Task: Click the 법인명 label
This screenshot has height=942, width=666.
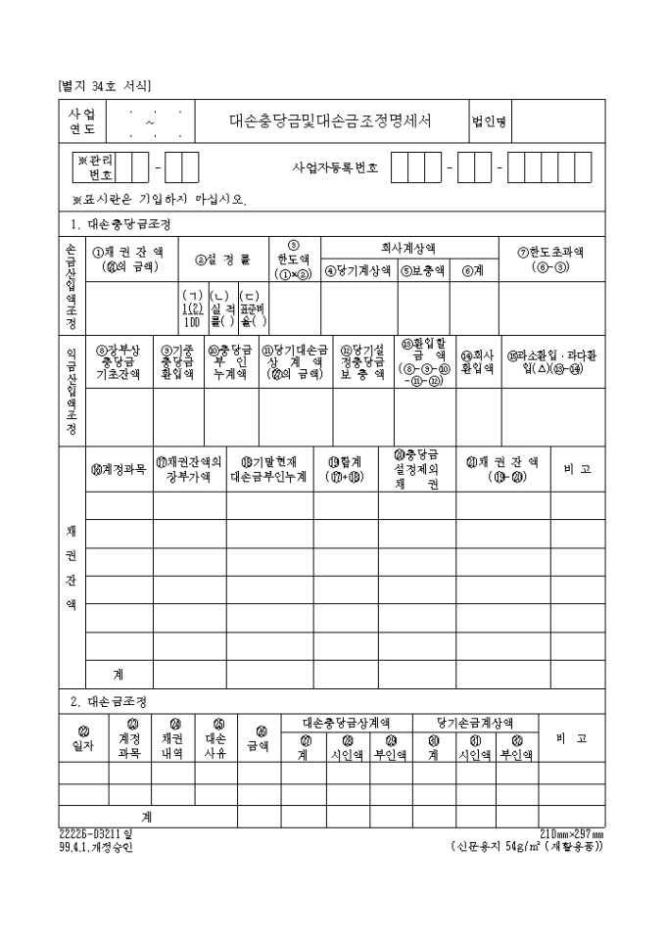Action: [488, 123]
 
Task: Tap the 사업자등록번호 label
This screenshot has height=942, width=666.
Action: [335, 167]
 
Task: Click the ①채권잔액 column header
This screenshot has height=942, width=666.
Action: [128, 259]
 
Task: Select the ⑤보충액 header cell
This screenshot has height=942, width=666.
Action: [421, 271]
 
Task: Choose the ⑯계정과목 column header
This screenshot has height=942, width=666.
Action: [119, 469]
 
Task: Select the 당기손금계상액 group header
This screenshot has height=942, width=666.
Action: [475, 722]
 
